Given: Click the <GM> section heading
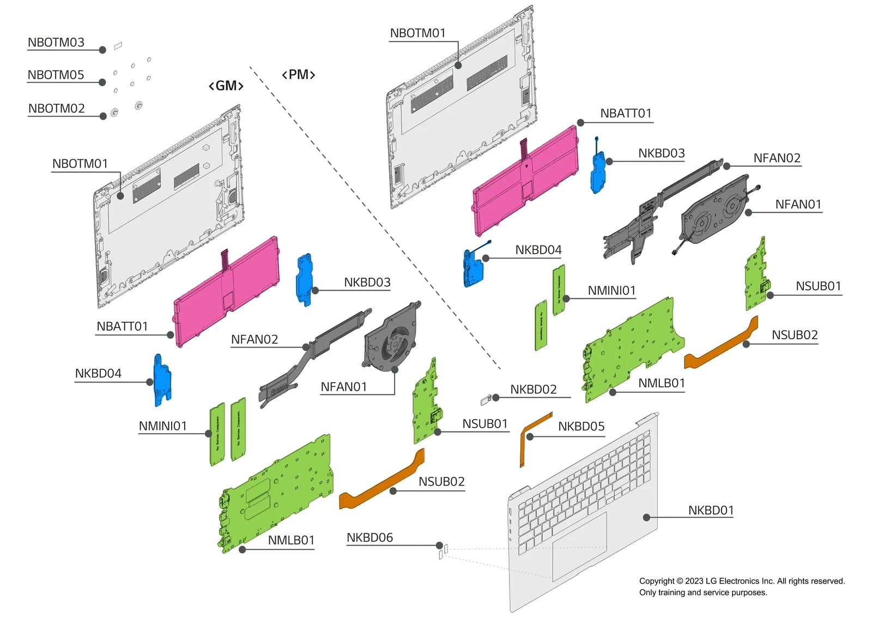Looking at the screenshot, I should pos(226,86).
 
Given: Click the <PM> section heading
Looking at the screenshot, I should pos(299,74).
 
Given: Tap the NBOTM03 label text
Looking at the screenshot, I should pos(56,43).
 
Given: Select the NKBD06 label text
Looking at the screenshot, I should pos(370,537).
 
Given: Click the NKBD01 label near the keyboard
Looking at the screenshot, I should pos(711,510).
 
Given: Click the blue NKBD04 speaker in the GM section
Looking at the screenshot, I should pos(162,380).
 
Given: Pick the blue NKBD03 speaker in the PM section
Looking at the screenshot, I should pos(598,172).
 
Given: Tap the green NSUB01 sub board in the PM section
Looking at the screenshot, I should pos(756,275).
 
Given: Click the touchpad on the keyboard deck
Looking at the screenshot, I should pos(579,546).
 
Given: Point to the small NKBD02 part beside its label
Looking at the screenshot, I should pos(487,400).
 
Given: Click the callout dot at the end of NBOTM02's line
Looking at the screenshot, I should pos(103,116).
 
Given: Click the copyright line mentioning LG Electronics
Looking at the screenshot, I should pos(742,581).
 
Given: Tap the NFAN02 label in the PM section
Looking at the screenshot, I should pos(777,158).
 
